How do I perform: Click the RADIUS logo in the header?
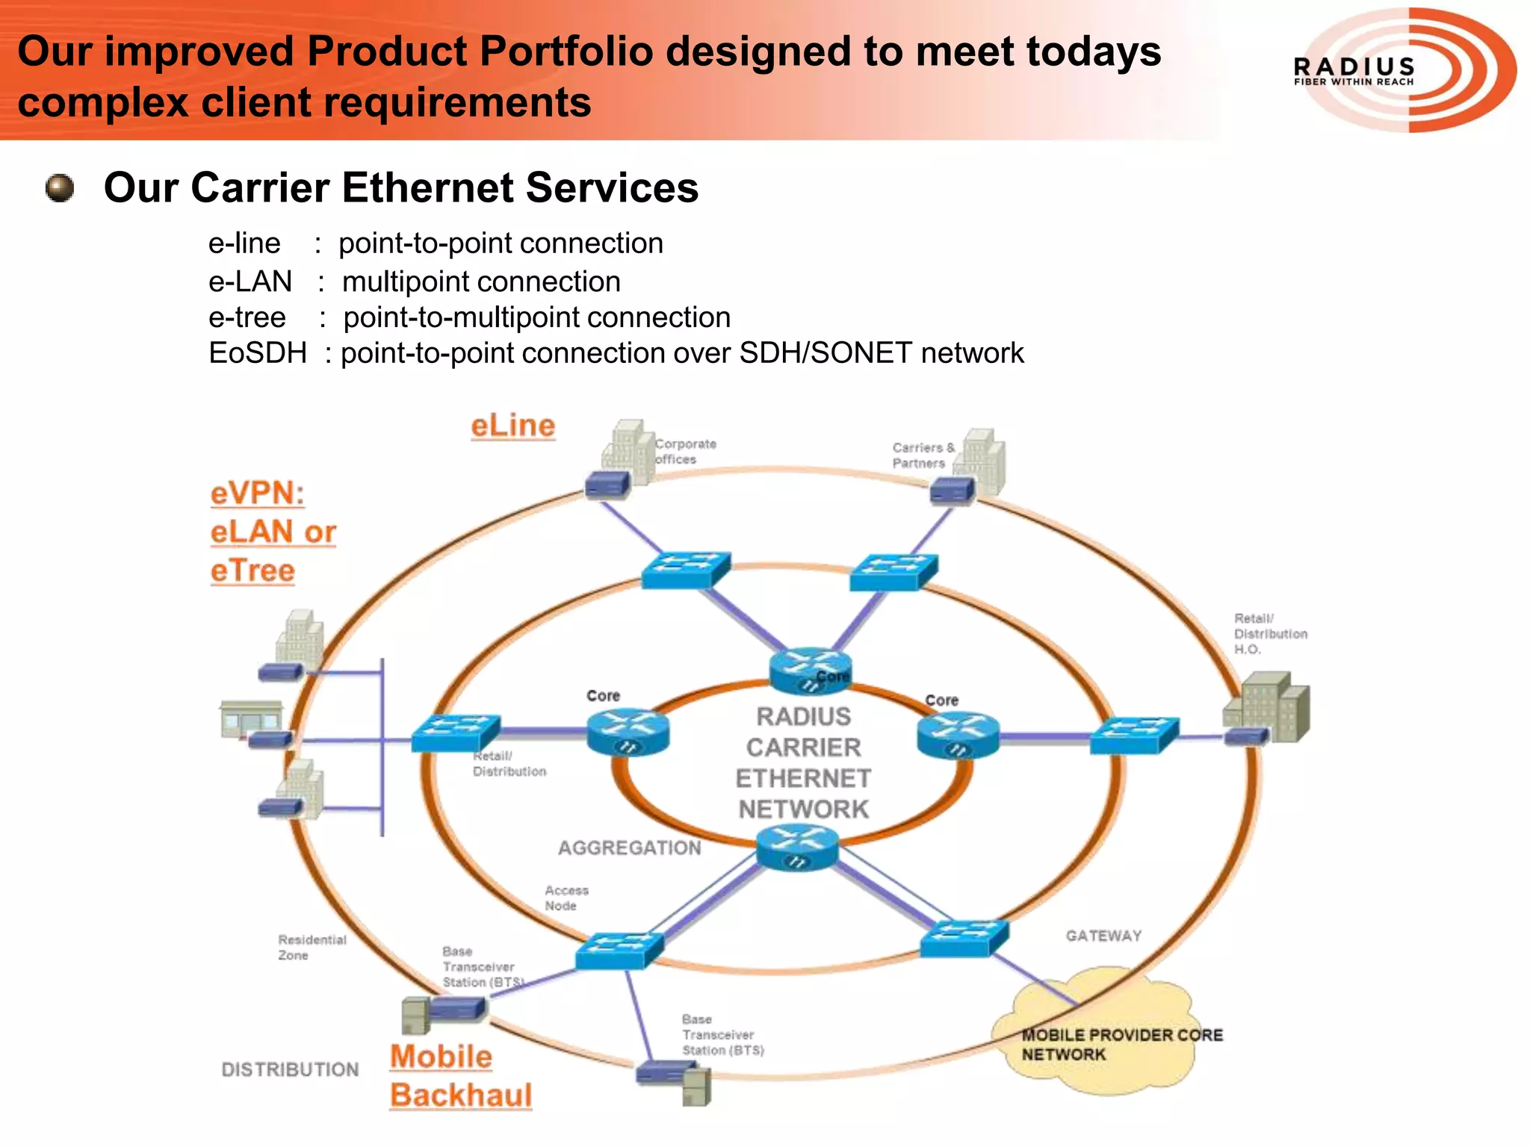1404,70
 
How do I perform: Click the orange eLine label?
513,426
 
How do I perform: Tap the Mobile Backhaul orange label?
460,1076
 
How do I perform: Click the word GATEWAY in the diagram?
1103,936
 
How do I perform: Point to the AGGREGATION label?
629,848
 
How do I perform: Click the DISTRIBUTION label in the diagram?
290,1069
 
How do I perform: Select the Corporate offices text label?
685,451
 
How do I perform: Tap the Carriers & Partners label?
923,455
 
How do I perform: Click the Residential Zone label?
312,947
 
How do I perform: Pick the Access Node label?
566,898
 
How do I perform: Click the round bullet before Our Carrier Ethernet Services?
60,188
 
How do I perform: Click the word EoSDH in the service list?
258,353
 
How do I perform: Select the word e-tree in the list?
247,317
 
